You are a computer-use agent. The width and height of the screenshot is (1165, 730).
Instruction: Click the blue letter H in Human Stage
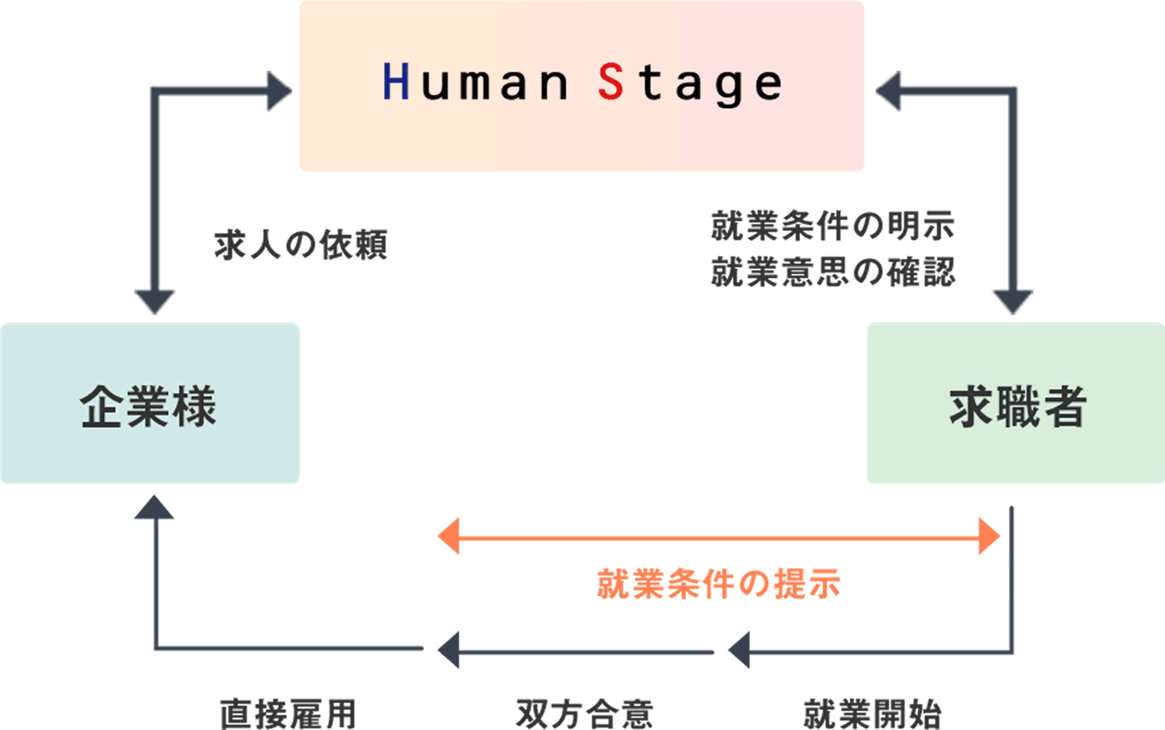click(396, 81)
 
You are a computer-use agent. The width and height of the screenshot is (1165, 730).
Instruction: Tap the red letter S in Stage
click(610, 81)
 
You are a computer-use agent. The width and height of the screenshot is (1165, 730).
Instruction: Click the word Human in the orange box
click(475, 82)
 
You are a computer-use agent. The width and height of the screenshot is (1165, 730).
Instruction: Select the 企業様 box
click(149, 404)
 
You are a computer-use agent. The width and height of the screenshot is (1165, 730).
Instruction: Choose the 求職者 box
click(1016, 404)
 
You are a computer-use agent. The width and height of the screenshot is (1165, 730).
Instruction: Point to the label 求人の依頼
click(301, 245)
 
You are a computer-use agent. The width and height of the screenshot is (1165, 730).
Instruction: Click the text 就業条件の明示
click(832, 226)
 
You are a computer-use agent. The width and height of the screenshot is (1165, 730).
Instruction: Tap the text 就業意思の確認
click(832, 271)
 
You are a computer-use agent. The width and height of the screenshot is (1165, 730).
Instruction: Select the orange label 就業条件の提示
click(719, 583)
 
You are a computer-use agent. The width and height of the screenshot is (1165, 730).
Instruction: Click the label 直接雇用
click(287, 714)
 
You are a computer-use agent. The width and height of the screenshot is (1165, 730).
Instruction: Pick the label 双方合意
click(584, 714)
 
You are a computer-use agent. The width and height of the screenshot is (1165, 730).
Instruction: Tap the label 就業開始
click(872, 714)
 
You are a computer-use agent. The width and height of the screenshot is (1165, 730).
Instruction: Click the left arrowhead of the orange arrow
click(449, 536)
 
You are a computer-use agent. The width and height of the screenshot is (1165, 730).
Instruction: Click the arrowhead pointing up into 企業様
click(154, 507)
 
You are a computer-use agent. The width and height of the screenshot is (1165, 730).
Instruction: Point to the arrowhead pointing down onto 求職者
click(1012, 301)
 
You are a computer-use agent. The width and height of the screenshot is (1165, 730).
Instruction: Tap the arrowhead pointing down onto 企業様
click(155, 301)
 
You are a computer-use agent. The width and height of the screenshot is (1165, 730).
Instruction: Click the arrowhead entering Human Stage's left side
click(278, 91)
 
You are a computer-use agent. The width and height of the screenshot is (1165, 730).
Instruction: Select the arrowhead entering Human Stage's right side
click(888, 91)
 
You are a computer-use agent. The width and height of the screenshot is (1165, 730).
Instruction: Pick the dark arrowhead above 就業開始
click(739, 650)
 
